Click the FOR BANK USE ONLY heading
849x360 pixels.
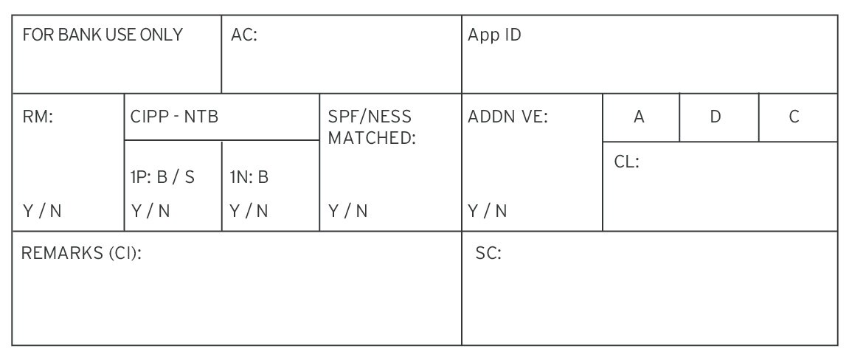tap(103, 35)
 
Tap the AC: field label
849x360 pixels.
tap(243, 35)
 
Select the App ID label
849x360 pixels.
tap(494, 35)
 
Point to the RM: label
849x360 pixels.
tap(38, 117)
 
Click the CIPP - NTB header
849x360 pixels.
tap(174, 117)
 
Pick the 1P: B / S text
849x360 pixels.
tap(162, 177)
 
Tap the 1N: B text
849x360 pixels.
tap(249, 177)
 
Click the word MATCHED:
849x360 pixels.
tap(372, 138)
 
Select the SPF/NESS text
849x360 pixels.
tap(370, 117)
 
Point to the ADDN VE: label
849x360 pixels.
tap(508, 117)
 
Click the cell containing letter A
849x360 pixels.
tap(641, 117)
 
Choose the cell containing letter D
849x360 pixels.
tap(719, 117)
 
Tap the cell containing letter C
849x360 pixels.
tap(798, 117)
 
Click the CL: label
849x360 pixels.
tap(627, 162)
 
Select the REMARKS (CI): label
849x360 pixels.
tap(81, 253)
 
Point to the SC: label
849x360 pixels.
tap(488, 253)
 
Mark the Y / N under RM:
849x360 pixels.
tap(42, 211)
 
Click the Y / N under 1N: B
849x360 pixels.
tap(249, 211)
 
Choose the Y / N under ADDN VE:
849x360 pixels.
tap(488, 211)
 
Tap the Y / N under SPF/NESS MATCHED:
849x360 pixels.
tap(347, 211)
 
